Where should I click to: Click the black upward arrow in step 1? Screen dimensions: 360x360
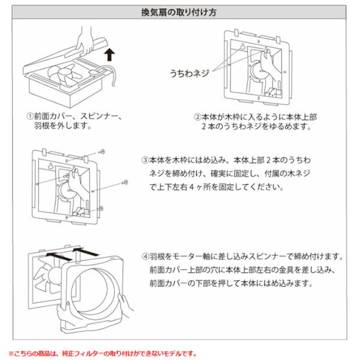(108, 56)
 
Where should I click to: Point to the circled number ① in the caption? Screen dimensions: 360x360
(29, 115)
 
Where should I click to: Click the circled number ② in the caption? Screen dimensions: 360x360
(197, 115)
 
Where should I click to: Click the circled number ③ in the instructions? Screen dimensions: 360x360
(145, 161)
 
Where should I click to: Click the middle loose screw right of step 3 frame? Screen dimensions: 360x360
(124, 181)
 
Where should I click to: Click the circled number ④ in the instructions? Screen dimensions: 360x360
(145, 257)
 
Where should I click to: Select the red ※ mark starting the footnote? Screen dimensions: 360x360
(10, 353)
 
